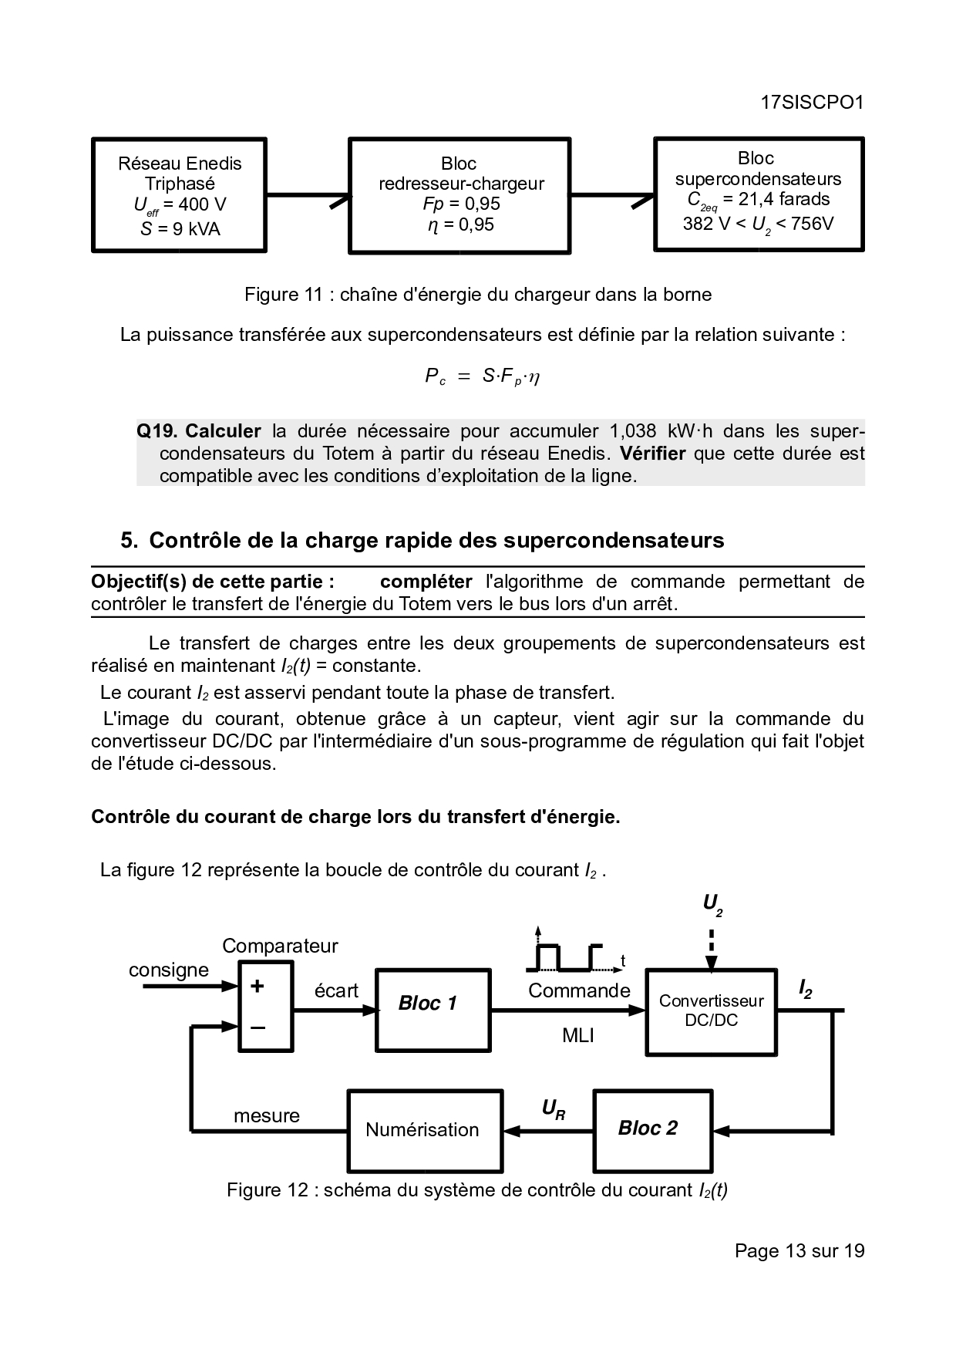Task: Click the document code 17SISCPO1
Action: [x=811, y=103]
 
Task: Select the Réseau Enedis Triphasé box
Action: [x=179, y=195]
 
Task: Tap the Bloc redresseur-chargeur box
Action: [x=460, y=195]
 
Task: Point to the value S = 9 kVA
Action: [x=180, y=229]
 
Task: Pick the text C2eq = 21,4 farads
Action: [x=759, y=200]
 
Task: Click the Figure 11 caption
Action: [x=478, y=295]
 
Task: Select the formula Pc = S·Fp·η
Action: [x=482, y=376]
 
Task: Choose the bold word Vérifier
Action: [x=652, y=454]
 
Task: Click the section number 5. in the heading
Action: [x=129, y=541]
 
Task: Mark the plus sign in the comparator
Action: [x=258, y=986]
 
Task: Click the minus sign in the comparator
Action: [x=258, y=1027]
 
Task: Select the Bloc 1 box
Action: [x=433, y=1010]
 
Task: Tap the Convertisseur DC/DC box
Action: [x=711, y=1011]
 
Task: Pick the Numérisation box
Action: [x=424, y=1130]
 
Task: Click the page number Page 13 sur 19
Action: [x=799, y=1250]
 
